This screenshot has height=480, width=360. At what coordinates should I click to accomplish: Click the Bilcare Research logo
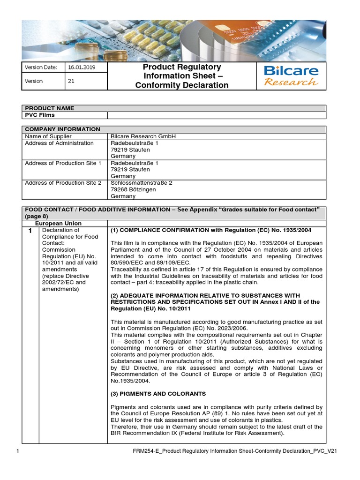coord(291,76)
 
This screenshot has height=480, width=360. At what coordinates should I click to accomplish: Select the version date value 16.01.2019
coord(81,67)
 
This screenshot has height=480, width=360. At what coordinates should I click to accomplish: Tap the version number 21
coord(71,81)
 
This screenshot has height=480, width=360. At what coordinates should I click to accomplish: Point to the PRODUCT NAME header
coord(49,108)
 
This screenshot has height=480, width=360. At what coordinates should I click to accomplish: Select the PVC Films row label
coord(40,115)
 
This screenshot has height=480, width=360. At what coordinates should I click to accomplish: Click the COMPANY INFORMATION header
coord(62,129)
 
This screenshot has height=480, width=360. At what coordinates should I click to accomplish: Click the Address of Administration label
coord(59,143)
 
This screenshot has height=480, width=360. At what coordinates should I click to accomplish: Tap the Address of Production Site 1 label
coord(63,163)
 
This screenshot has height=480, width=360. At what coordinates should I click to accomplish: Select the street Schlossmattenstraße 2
coord(141,183)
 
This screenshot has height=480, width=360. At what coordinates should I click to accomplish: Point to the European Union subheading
coord(58,224)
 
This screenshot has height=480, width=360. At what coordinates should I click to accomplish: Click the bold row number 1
coord(30,231)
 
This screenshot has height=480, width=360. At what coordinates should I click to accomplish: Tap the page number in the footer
coord(17,451)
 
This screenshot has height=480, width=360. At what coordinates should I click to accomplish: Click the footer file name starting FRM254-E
coord(235,451)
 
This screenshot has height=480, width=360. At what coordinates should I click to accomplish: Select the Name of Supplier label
coord(48,136)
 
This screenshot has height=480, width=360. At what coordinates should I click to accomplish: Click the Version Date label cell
coord(41,67)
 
